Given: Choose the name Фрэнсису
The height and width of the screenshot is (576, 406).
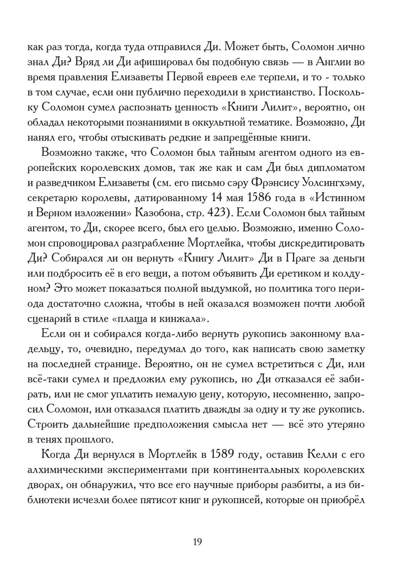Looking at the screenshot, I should [276, 183].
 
